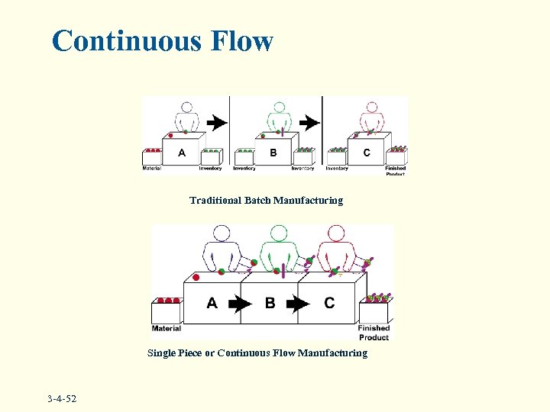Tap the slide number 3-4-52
66,399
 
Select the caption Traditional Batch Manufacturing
266,201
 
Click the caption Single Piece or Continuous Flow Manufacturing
257,353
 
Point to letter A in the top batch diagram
182,153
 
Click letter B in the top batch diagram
273,153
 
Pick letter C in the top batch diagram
367,153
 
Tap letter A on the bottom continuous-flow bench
212,303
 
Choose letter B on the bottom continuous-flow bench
270,303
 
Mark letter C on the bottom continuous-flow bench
329,303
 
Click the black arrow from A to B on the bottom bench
240,304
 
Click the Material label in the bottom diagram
166,329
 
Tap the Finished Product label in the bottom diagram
374,333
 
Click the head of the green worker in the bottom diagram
279,233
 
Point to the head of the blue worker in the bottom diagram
222,233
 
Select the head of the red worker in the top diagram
371,108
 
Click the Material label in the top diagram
152,168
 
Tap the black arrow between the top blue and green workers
217,121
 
